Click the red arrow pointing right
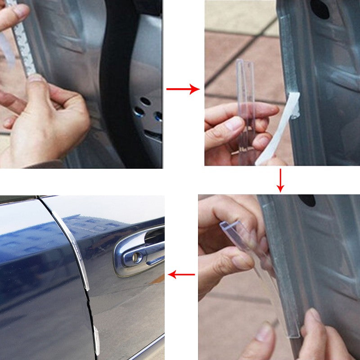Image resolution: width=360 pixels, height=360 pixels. tap(183, 89)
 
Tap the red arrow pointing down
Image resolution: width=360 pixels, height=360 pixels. tap(280, 180)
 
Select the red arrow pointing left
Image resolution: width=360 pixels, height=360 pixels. tap(182, 274)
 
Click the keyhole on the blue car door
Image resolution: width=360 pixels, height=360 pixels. tap(136, 257)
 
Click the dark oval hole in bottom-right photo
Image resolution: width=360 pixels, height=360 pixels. tap(307, 200)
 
